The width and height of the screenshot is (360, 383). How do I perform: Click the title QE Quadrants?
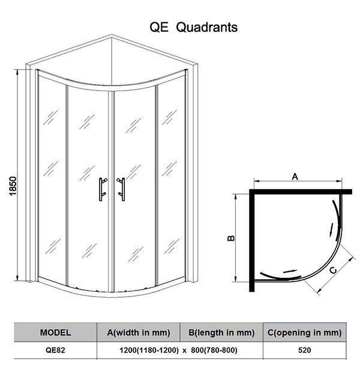coord(193,27)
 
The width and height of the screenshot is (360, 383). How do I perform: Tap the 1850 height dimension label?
coord(13,186)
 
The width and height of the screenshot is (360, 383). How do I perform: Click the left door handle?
coord(103,189)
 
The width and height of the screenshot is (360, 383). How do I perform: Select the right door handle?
coord(121,189)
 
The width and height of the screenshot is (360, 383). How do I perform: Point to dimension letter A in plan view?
coord(295,176)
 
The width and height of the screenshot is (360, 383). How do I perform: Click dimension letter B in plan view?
coord(231,238)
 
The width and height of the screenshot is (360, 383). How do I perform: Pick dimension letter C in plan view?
coord(333,270)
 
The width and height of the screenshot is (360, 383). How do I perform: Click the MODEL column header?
coord(55,333)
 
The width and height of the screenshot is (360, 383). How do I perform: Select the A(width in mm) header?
coord(139,333)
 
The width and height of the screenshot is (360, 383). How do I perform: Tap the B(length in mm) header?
coord(221,333)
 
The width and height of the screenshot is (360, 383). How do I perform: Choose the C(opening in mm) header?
coord(304,333)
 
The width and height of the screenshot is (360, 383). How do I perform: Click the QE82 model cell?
coord(55,350)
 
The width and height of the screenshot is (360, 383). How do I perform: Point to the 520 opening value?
coord(304,350)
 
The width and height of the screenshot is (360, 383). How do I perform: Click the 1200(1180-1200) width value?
coord(149,350)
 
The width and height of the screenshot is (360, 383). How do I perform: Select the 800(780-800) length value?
coord(214,350)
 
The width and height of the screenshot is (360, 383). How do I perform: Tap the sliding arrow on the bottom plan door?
coord(290,271)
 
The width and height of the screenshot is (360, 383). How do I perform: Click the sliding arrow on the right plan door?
coord(331,229)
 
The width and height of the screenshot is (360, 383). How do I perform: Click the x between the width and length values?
coord(185,351)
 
